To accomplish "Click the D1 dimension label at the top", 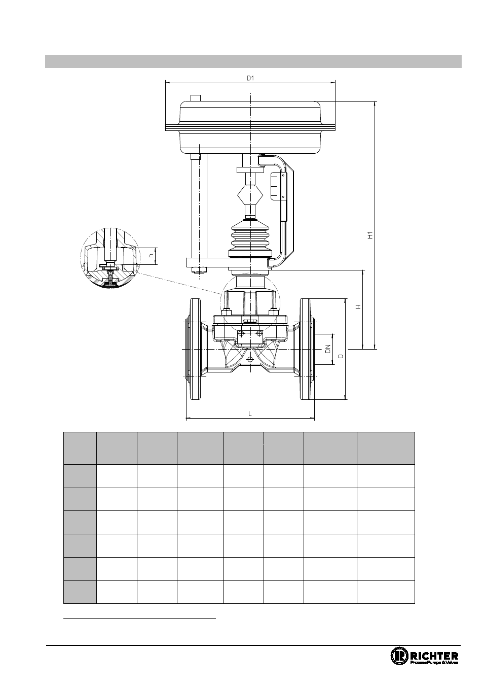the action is tap(250, 78).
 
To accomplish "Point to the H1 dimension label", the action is tap(370, 235).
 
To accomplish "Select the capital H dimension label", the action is tap(359, 306).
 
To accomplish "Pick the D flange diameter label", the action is tap(341, 356).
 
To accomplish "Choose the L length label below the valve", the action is tap(250, 414).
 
